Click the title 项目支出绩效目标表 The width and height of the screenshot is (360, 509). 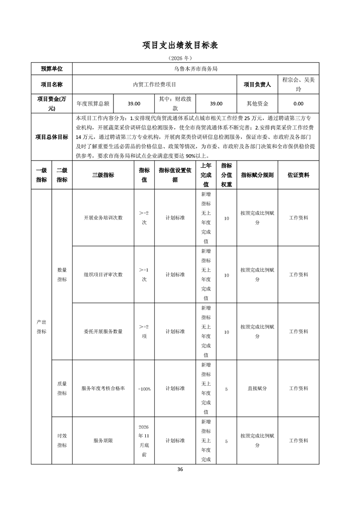pyautogui.click(x=180, y=45)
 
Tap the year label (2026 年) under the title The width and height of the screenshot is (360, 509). pyautogui.click(x=180, y=59)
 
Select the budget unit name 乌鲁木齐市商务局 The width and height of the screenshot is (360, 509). pyautogui.click(x=196, y=69)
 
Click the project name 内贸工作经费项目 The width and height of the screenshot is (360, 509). pyautogui.click(x=154, y=84)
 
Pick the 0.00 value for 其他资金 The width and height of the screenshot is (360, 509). pyautogui.click(x=298, y=103)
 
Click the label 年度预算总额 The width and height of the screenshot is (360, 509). pyautogui.click(x=93, y=103)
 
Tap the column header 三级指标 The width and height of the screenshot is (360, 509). pyautogui.click(x=103, y=175)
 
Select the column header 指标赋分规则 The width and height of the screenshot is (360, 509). pyautogui.click(x=257, y=175)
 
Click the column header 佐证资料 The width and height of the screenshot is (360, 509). pyautogui.click(x=298, y=175)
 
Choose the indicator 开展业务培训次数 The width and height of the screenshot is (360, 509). pyautogui.click(x=103, y=218)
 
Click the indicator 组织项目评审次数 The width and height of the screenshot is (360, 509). pyautogui.click(x=103, y=275)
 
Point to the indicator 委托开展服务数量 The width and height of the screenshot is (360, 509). pyautogui.click(x=103, y=332)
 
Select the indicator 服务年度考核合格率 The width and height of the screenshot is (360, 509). pyautogui.click(x=103, y=389)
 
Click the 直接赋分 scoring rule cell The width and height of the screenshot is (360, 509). pyautogui.click(x=257, y=389)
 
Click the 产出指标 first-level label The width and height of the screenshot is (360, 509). pyautogui.click(x=41, y=327)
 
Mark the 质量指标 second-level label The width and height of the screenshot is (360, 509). pyautogui.click(x=62, y=388)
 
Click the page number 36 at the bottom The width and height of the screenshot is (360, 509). pyautogui.click(x=180, y=470)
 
